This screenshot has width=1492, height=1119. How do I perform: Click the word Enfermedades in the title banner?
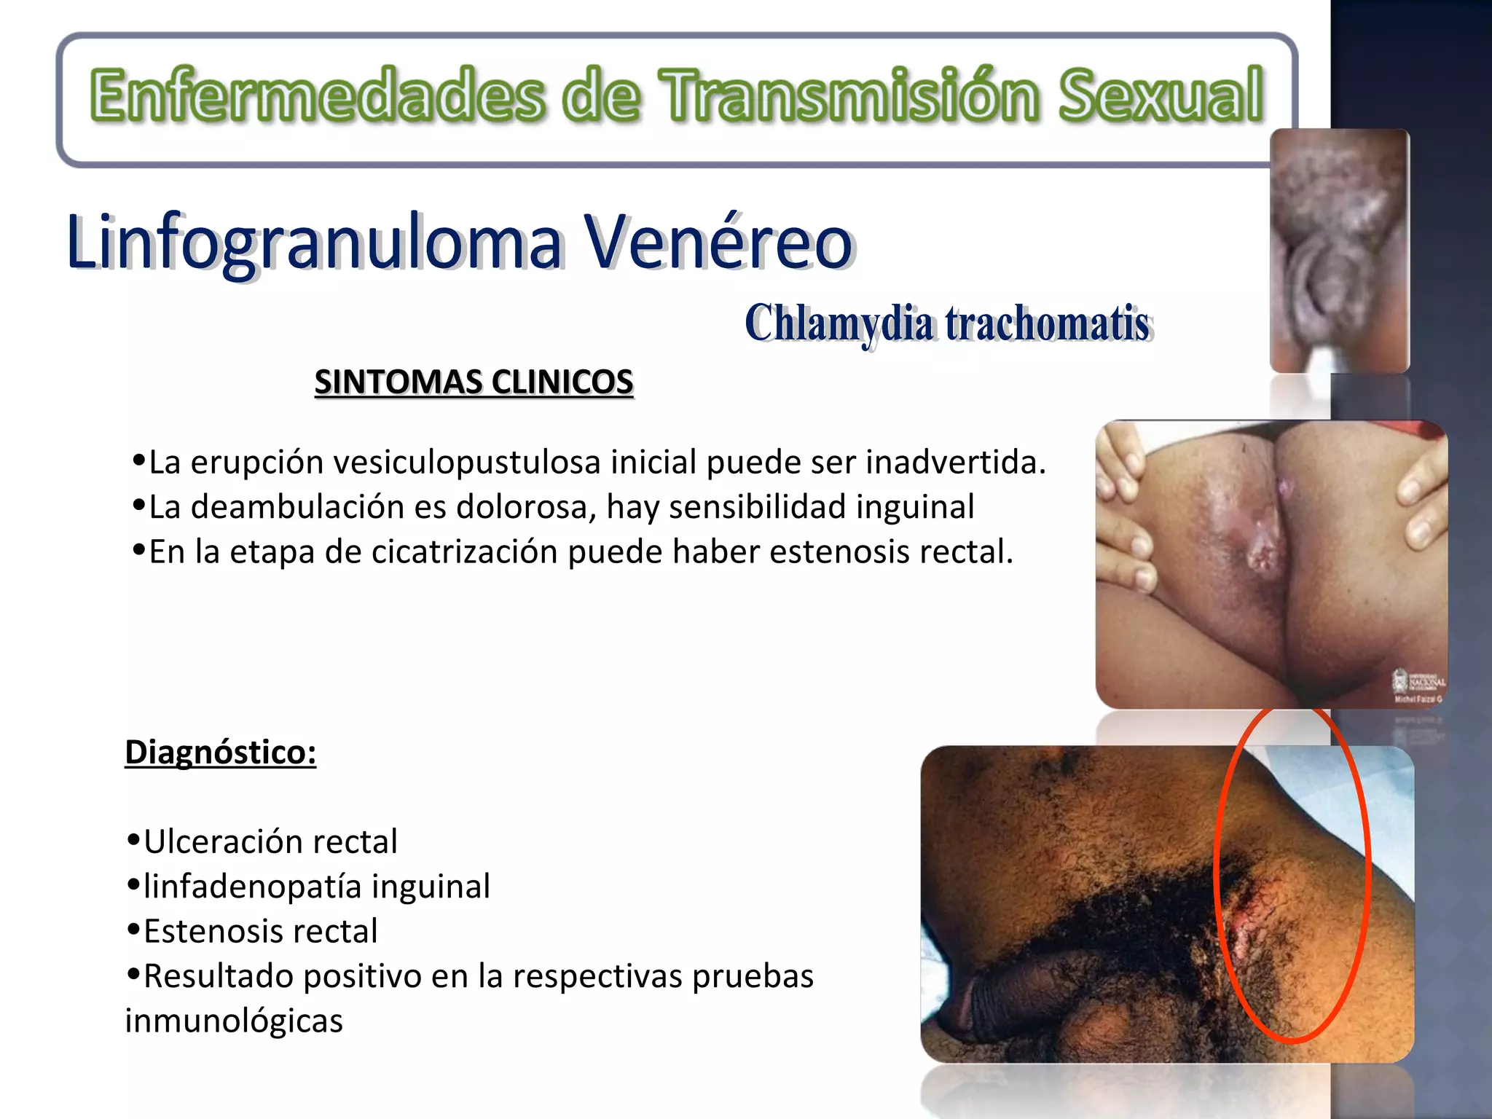(318, 95)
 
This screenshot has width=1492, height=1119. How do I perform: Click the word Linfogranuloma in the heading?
(313, 242)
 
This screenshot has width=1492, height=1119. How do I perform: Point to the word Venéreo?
(718, 242)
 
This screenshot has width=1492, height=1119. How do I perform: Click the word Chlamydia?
(838, 323)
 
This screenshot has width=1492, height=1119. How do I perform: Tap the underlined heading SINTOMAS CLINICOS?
(474, 382)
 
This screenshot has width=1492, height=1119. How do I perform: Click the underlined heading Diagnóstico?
(221, 753)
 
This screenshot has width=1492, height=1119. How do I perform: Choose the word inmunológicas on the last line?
(233, 1021)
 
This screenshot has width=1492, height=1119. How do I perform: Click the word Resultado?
(218, 977)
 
